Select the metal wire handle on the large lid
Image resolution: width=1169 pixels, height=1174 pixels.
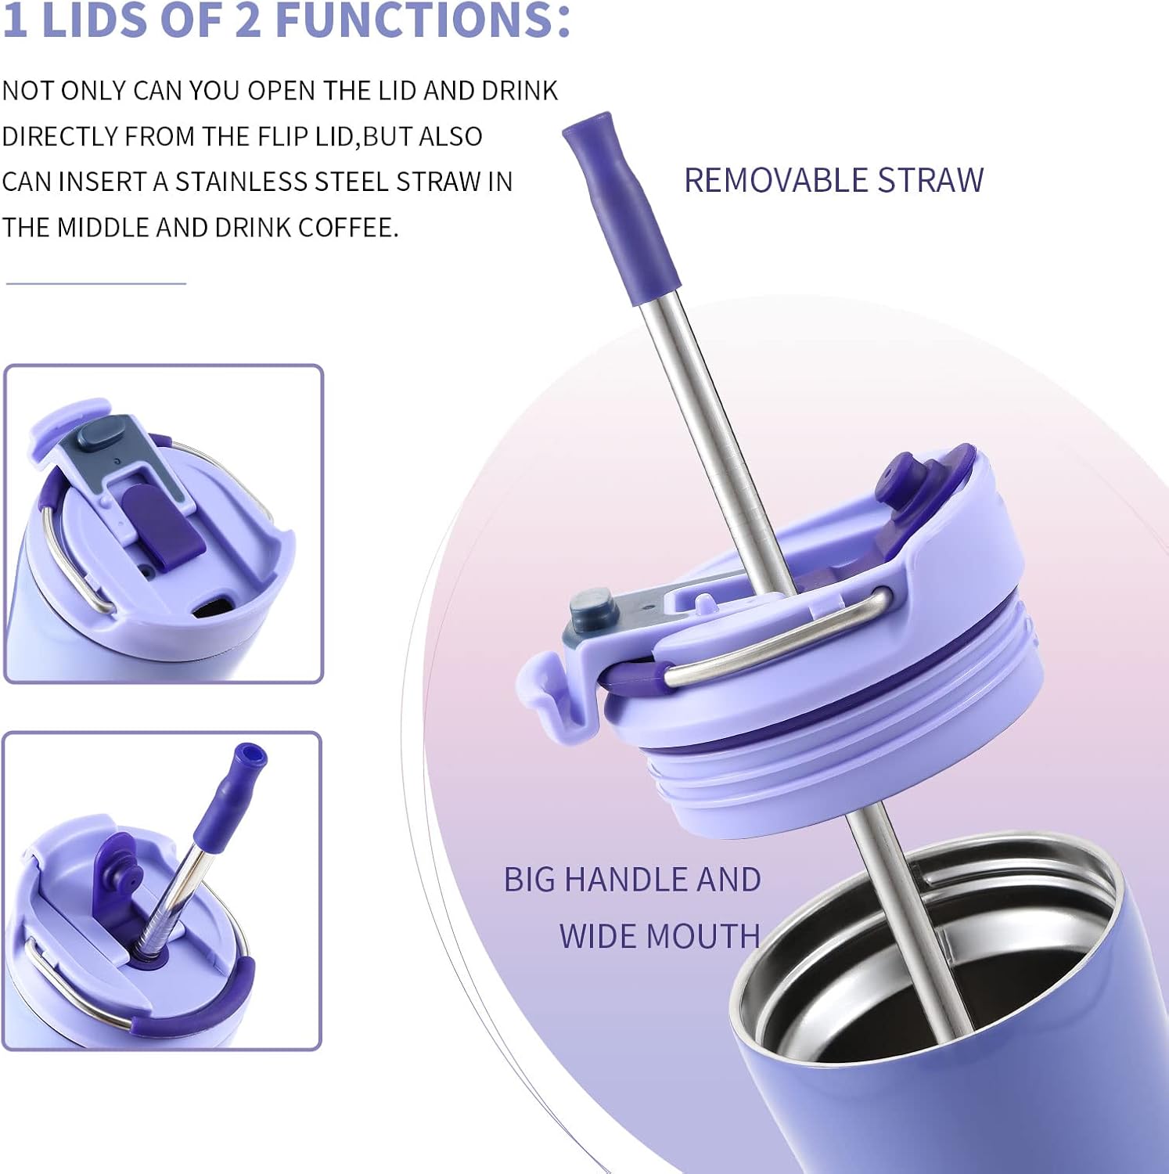tap(782, 638)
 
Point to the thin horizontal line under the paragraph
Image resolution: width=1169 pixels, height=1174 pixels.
tap(95, 283)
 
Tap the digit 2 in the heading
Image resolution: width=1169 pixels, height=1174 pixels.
tap(247, 20)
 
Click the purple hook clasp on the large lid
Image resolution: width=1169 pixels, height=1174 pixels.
tap(548, 689)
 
